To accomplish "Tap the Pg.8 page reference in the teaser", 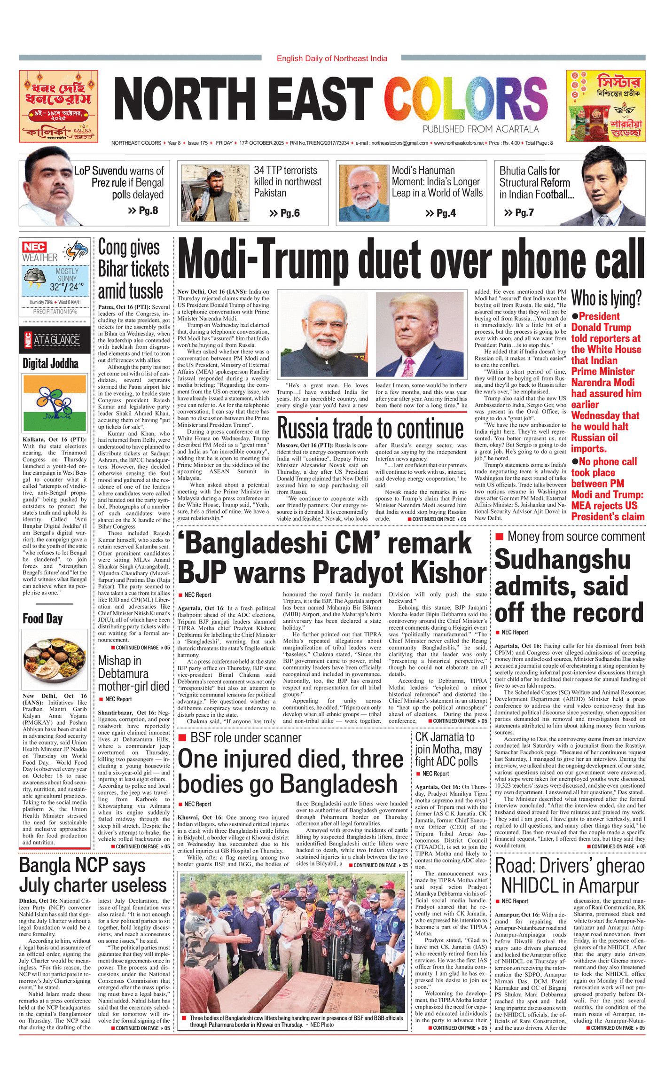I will (143, 210).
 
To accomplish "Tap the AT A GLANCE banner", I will (55, 340).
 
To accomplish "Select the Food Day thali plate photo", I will (55, 660).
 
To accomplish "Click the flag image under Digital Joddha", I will (55, 403).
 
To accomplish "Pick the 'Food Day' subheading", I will (43, 618).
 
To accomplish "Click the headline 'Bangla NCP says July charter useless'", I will (93, 875).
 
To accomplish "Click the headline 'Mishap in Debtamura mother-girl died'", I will (133, 673).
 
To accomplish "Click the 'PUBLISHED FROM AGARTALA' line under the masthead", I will (480, 129).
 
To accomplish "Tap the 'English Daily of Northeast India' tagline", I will (332, 58).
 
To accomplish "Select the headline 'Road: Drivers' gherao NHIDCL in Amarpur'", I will (570, 875).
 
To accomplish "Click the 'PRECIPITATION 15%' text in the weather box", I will (55, 312).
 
